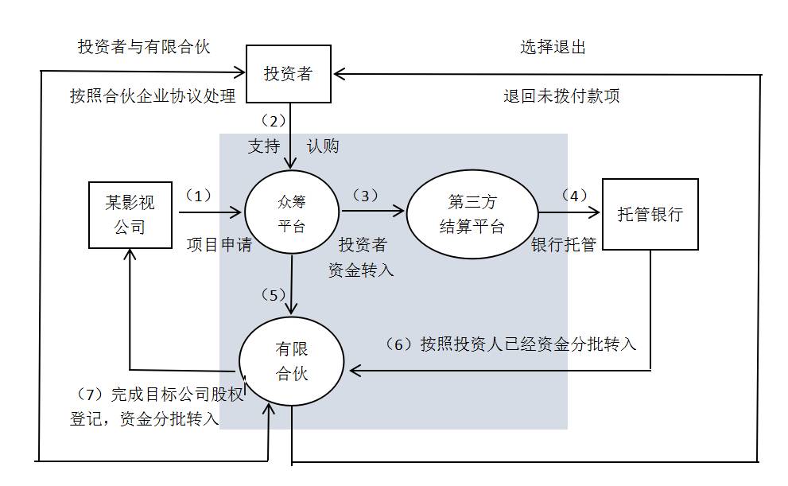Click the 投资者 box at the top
(x=288, y=75)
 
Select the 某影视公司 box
(x=130, y=215)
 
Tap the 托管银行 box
(x=650, y=215)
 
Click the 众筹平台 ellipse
(x=292, y=214)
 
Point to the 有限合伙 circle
(x=292, y=361)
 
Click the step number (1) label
(x=198, y=195)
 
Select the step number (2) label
(x=273, y=121)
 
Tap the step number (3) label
(x=365, y=195)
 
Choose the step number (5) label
(x=274, y=294)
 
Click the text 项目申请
(x=219, y=245)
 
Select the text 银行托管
(x=564, y=245)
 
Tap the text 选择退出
(x=553, y=48)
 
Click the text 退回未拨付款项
(x=561, y=97)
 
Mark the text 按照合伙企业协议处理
(x=153, y=97)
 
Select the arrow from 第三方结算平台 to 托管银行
(x=569, y=212)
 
